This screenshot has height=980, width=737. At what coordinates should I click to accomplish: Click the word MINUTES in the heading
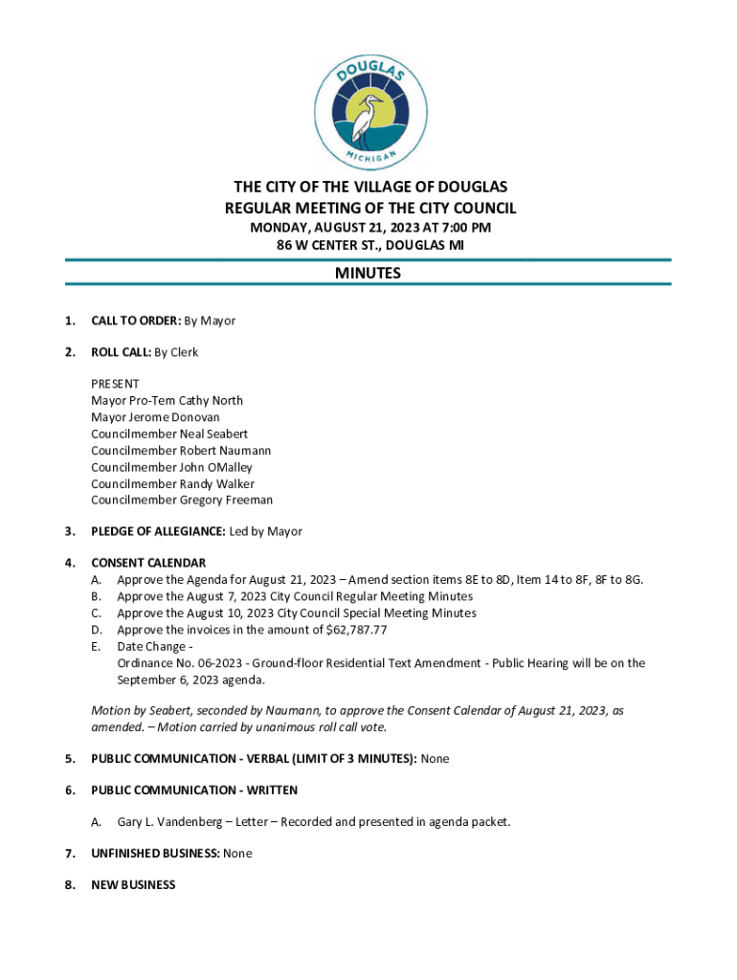(x=368, y=274)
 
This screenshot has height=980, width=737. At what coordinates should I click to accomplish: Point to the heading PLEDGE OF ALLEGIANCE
(x=158, y=531)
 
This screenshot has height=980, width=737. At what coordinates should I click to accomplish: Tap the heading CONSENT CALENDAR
(x=148, y=563)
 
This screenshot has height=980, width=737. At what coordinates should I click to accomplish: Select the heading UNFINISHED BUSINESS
(x=156, y=853)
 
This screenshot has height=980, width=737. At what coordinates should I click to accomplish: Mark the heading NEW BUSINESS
(x=133, y=885)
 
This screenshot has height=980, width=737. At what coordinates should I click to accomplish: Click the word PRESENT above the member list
(x=115, y=384)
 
